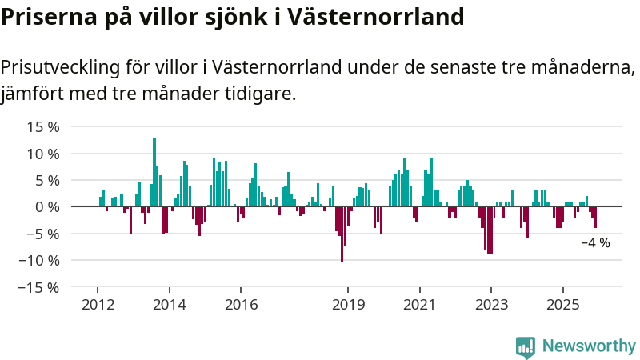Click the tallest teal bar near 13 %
tap(154, 172)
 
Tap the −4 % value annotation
tap(595, 242)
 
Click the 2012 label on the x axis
tap(98, 305)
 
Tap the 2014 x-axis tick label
tap(170, 305)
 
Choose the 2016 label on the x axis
tap(241, 305)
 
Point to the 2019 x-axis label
tap(348, 305)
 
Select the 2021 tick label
tap(419, 305)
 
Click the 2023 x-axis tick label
tap(491, 305)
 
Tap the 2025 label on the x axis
tap(562, 305)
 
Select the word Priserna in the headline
tap(46, 17)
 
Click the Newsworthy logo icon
tap(526, 346)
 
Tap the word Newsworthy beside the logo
tap(589, 346)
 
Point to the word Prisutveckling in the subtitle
tap(61, 67)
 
